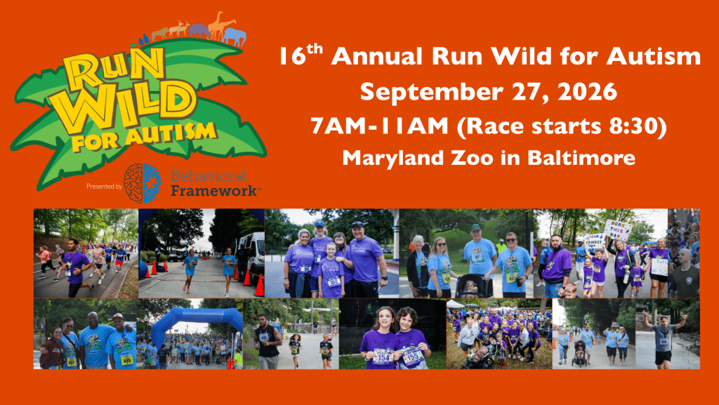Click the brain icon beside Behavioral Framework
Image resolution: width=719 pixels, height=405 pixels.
click(x=143, y=183)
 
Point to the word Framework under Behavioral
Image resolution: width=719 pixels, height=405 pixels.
click(x=215, y=190)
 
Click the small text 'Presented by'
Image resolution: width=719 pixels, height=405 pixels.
click(x=104, y=187)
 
